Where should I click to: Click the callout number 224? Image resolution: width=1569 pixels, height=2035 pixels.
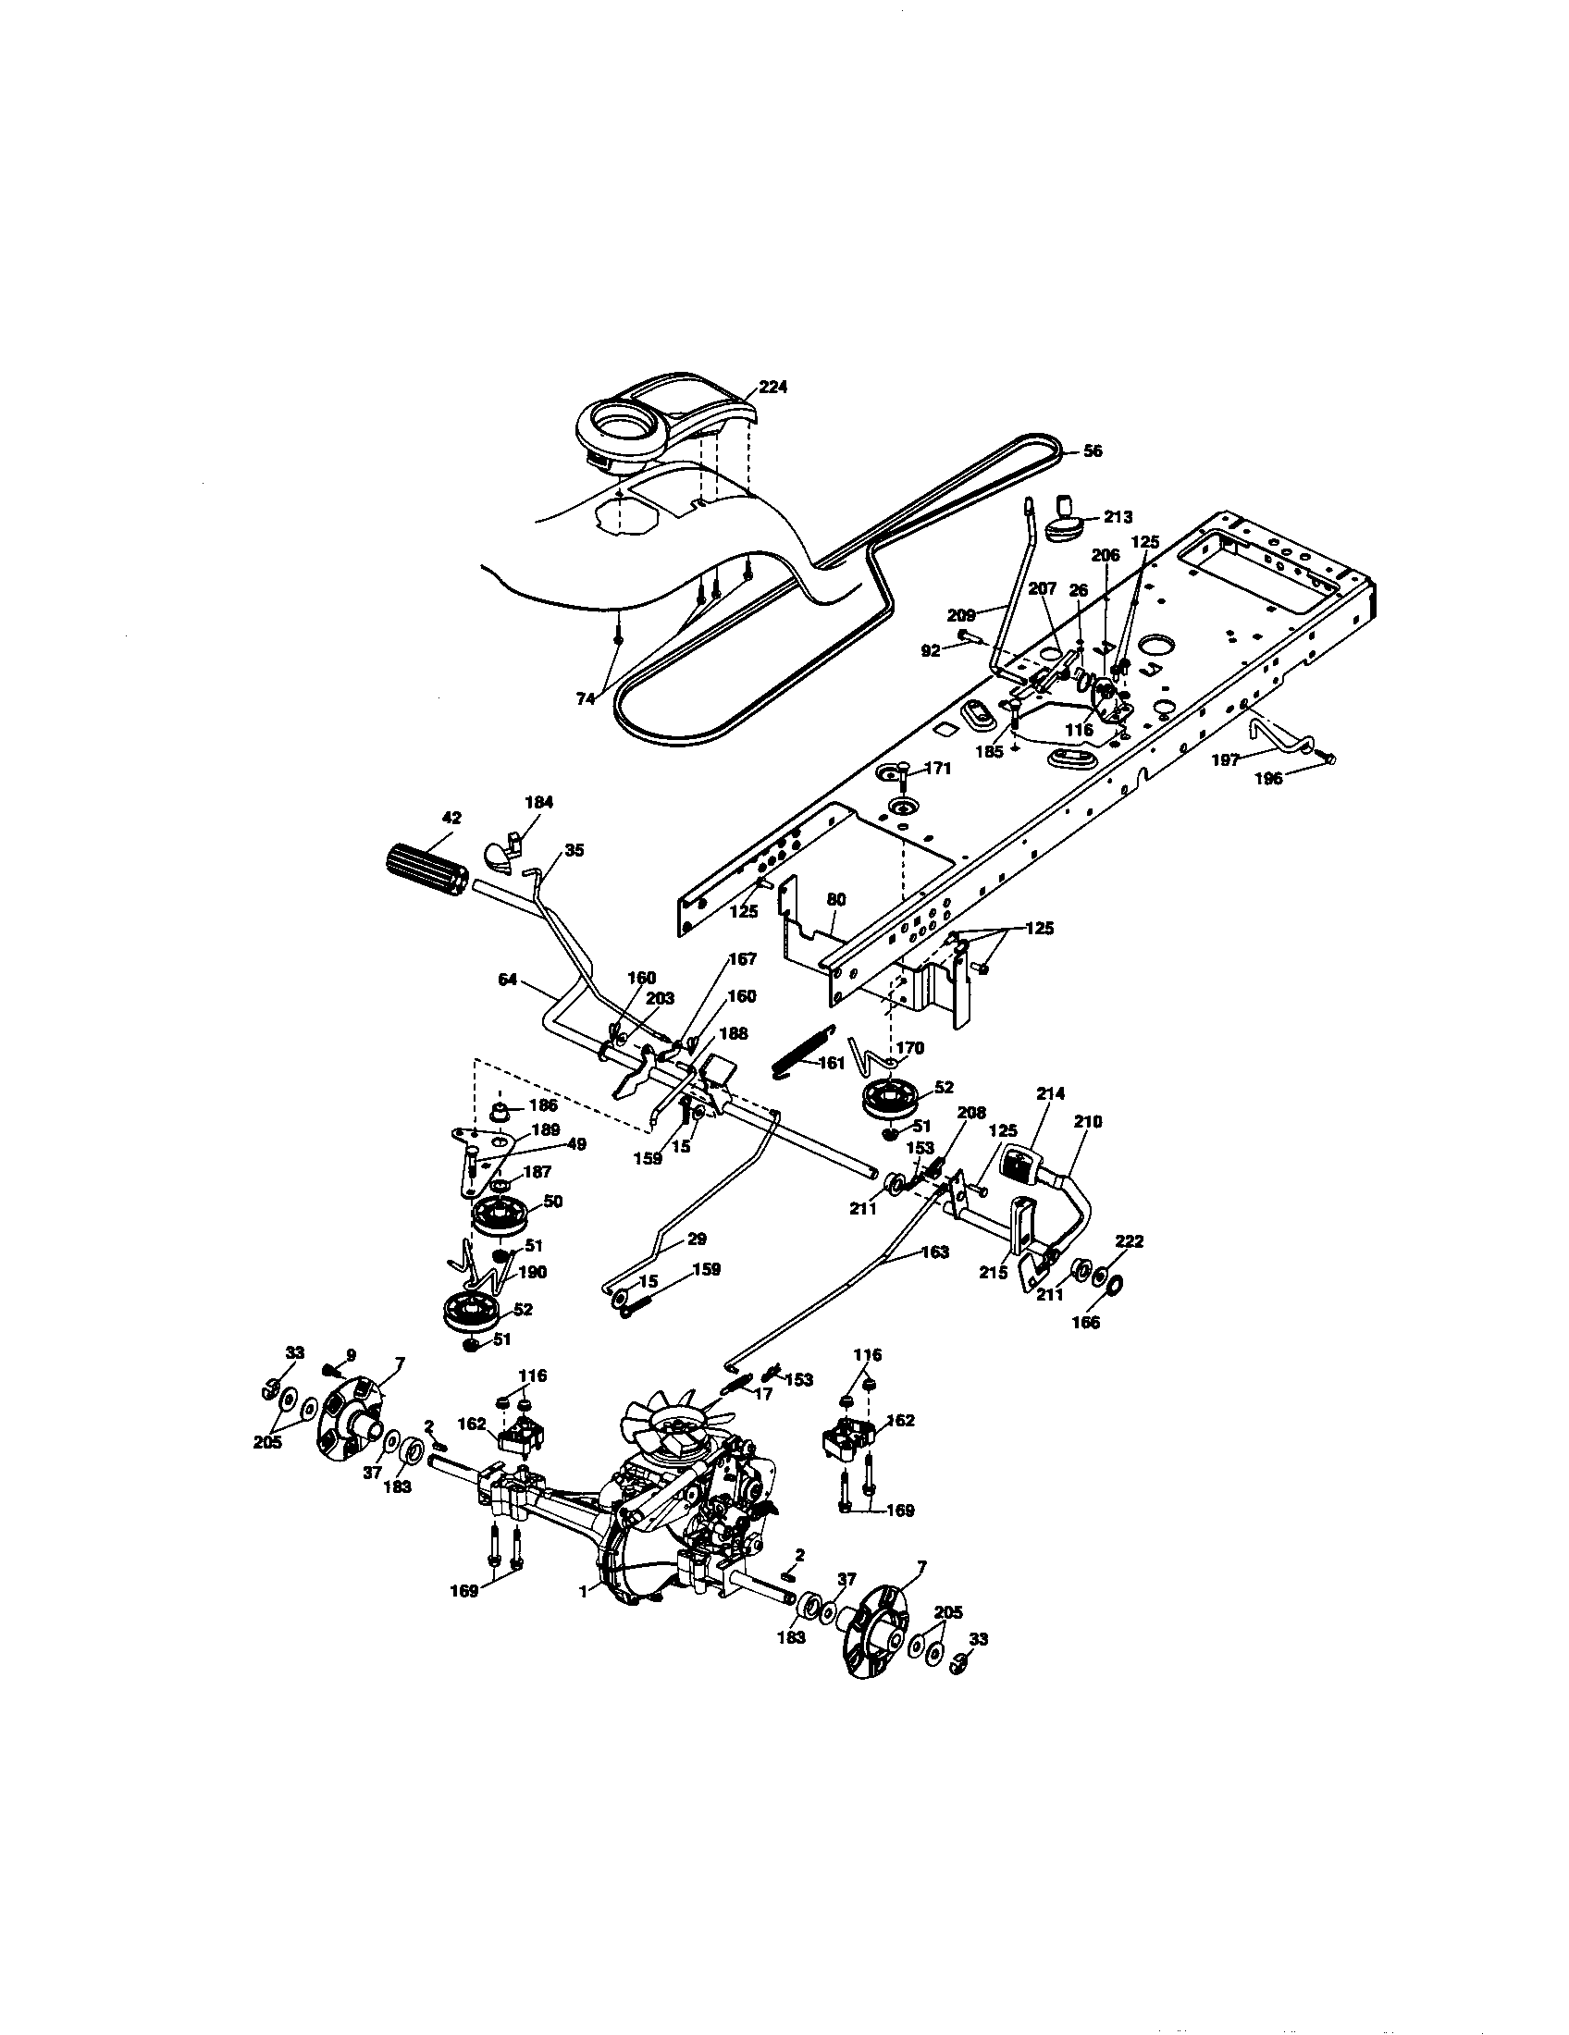pyautogui.click(x=772, y=388)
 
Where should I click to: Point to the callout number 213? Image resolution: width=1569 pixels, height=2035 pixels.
pyautogui.click(x=1118, y=517)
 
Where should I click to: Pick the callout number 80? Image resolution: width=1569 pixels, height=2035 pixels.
pyautogui.click(x=835, y=901)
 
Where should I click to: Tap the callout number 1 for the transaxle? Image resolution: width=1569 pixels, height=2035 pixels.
pyautogui.click(x=583, y=1594)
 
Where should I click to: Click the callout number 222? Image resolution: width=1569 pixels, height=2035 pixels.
pyautogui.click(x=1129, y=1242)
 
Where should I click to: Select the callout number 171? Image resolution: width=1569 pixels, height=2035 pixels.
pyautogui.click(x=937, y=769)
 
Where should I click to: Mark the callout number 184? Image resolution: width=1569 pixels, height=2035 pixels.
pyautogui.click(x=538, y=802)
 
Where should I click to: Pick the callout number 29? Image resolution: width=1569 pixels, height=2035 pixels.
pyautogui.click(x=695, y=1239)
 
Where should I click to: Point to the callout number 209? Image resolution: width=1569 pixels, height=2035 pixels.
pyautogui.click(x=960, y=615)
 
